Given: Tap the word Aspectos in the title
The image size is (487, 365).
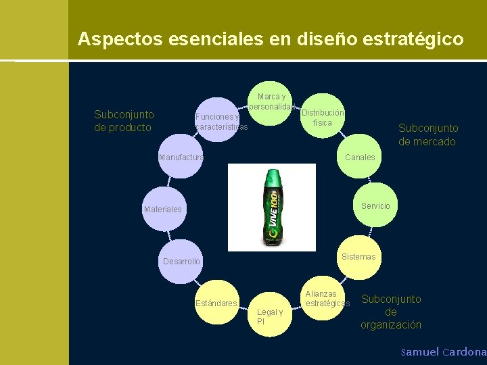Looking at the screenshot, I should [x=111, y=39].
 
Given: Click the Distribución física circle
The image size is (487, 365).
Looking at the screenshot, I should [x=323, y=116].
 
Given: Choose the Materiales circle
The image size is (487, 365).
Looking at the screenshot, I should [x=166, y=209].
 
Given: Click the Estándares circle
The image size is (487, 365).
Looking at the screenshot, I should [x=216, y=301].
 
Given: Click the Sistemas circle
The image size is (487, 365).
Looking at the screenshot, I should [x=358, y=257].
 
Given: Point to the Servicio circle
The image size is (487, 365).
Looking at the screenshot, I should [x=374, y=205].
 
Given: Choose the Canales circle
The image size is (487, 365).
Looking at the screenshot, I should [x=359, y=157].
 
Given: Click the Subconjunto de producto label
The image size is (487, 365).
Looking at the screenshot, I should [x=124, y=121].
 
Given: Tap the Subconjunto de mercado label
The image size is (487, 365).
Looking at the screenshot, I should [x=427, y=135].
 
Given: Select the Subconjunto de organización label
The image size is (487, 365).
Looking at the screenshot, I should [x=391, y=312].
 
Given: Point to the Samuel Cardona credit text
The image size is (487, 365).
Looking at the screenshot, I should [x=443, y=352].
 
